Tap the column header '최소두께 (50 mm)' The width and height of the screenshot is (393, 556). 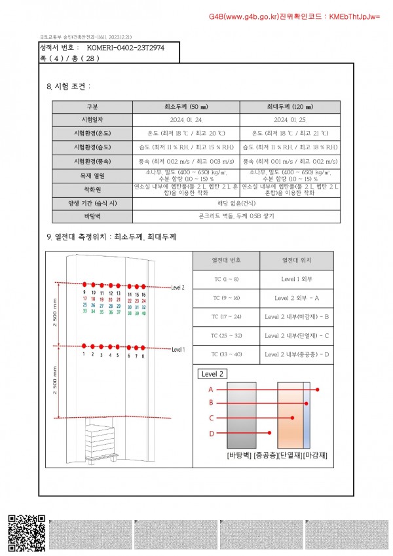click(186, 107)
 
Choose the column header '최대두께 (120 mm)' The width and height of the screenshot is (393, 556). click(290, 107)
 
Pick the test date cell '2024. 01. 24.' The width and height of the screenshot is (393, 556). click(186, 120)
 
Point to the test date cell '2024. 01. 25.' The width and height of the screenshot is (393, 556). click(290, 120)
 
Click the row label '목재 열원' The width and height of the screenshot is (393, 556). click(92, 175)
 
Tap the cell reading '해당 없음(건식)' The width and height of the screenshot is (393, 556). click(236, 202)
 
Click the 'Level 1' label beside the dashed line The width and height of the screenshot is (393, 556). click(178, 350)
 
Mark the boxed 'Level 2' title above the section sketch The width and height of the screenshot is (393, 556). click(214, 374)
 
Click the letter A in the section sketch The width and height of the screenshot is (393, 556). click(211, 389)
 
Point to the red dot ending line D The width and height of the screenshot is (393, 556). click(271, 433)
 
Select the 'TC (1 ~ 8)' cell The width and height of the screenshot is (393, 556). click(226, 280)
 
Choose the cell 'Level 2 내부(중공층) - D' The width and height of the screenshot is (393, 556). click(297, 354)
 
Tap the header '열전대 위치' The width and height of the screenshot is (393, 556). click(297, 260)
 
